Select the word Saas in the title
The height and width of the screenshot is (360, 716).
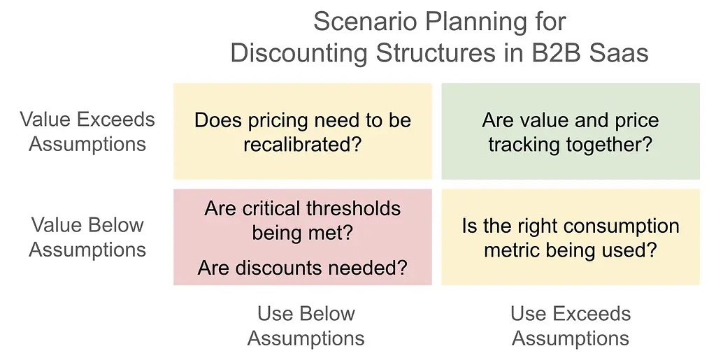tap(619, 53)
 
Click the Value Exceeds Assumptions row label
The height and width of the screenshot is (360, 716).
tap(87, 131)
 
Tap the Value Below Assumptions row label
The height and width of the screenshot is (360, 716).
tap(87, 237)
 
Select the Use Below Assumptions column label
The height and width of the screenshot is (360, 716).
tap(306, 326)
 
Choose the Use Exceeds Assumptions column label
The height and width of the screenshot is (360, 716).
tap(571, 326)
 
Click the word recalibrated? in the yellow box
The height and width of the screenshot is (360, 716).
tap(302, 144)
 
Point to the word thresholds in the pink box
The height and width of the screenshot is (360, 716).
tap(353, 208)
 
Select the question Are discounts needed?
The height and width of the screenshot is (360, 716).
tap(302, 267)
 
